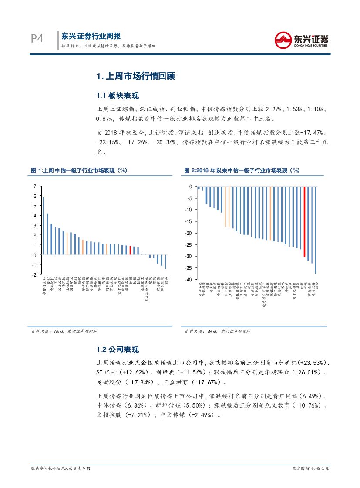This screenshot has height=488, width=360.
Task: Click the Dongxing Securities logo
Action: coord(301,40)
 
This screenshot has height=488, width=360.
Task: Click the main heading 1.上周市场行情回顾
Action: coord(135,77)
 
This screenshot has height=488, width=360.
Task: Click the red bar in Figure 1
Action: coord(130,250)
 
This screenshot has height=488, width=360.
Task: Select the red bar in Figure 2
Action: coord(304,221)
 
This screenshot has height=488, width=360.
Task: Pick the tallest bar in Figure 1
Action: coord(44,226)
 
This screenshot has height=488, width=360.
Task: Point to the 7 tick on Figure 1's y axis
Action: coord(35,186)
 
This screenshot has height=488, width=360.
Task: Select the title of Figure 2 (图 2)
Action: coord(242,170)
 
